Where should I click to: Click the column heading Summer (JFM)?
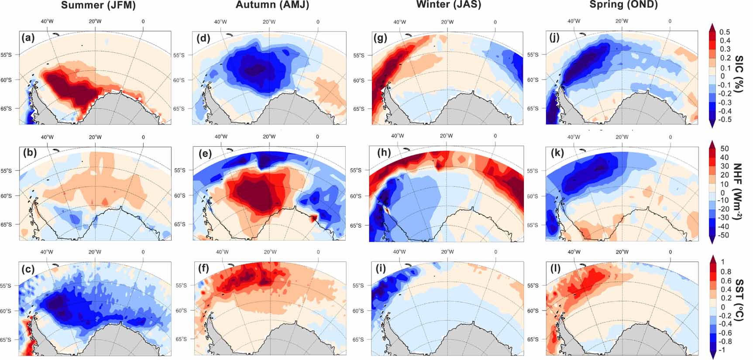click(98, 5)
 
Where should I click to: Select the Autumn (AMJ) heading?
click(272, 5)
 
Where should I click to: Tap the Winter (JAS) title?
click(449, 5)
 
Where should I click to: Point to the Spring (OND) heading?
click(623, 5)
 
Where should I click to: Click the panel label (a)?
click(28, 38)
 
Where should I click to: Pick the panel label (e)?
click(204, 153)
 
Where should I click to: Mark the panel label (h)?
click(384, 153)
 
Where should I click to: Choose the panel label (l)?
click(556, 268)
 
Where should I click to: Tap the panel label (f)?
click(203, 268)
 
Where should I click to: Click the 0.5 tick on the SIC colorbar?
click(725, 32)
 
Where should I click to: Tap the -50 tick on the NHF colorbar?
click(724, 235)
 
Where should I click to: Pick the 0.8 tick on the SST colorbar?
click(725, 272)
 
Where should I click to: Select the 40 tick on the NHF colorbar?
click(724, 157)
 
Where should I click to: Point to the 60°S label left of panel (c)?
click(6, 311)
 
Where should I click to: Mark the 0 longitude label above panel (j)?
click(670, 21)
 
